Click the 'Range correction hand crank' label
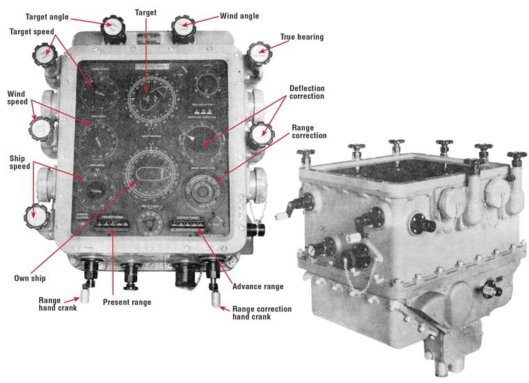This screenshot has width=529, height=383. pos(262,313)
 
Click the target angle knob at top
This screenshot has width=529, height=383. pos(113,27)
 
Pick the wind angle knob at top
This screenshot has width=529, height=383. pos(183,26)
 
